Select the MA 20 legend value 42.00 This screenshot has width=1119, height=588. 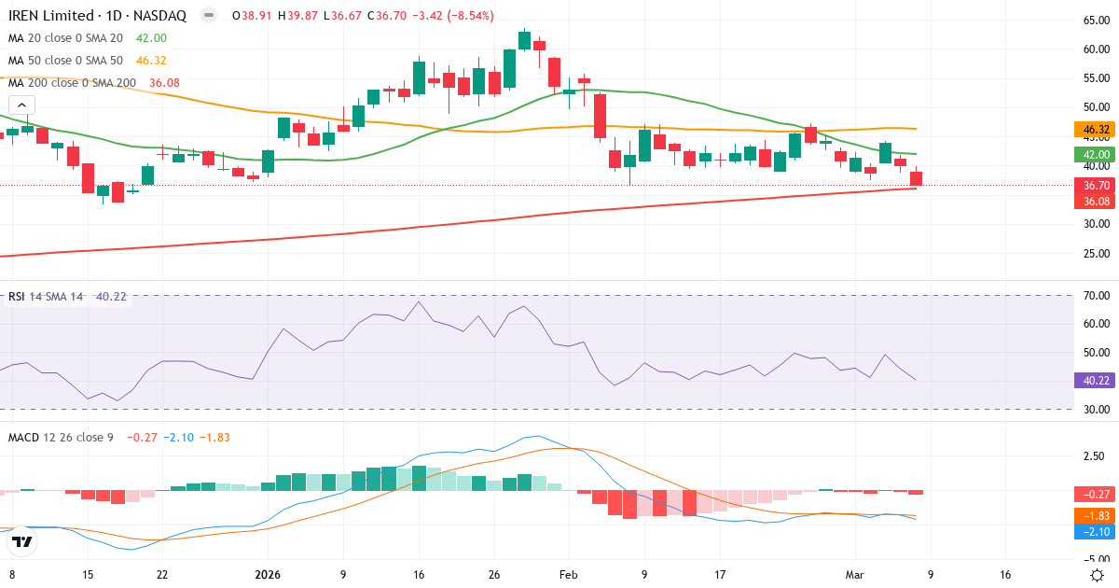point(151,37)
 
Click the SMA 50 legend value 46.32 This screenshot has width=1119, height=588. point(151,60)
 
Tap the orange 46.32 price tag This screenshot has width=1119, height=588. point(1097,130)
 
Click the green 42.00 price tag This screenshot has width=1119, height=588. point(1097,154)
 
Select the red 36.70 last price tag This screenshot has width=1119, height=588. point(1097,186)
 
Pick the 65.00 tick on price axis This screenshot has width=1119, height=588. point(1096,21)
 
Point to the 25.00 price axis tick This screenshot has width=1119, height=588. point(1096,253)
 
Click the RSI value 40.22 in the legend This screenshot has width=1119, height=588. point(111,297)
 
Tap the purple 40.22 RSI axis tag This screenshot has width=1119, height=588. point(1097,380)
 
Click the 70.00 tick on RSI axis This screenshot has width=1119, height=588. point(1096,296)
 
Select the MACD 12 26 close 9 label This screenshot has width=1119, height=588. point(61,437)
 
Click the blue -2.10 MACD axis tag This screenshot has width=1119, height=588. point(1097,531)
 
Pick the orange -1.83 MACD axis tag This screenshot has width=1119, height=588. point(1097,516)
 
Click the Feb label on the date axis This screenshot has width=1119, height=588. point(569,575)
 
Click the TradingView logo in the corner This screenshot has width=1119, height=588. point(22,541)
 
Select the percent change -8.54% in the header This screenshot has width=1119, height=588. point(470,16)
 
